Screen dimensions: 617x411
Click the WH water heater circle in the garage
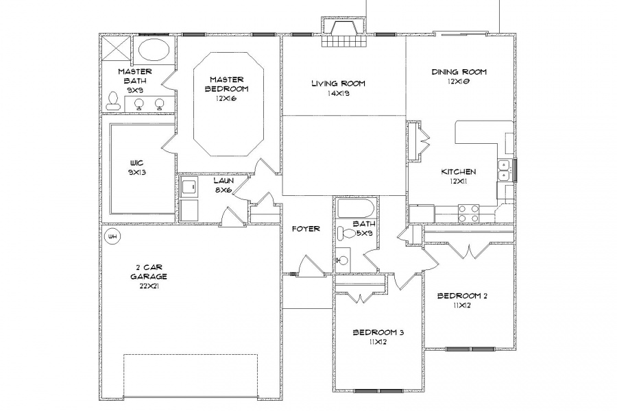point(112,236)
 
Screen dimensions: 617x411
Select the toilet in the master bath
point(112,101)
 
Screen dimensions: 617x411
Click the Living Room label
point(338,84)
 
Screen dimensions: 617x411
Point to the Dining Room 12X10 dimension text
point(459,82)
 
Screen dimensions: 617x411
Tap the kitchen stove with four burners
point(469,214)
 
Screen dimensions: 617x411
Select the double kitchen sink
point(504,170)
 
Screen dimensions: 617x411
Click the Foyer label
point(306,229)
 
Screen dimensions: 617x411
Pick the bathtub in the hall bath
point(354,208)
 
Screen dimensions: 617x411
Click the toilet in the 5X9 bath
point(346,233)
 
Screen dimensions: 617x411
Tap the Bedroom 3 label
point(378,332)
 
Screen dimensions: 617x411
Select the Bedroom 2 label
point(462,296)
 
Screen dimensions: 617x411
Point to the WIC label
point(136,163)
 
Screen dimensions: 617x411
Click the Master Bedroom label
point(226,84)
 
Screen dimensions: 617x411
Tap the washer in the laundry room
point(189,187)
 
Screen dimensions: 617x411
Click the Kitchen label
point(459,171)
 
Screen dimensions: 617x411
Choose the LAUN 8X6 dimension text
point(224,190)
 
